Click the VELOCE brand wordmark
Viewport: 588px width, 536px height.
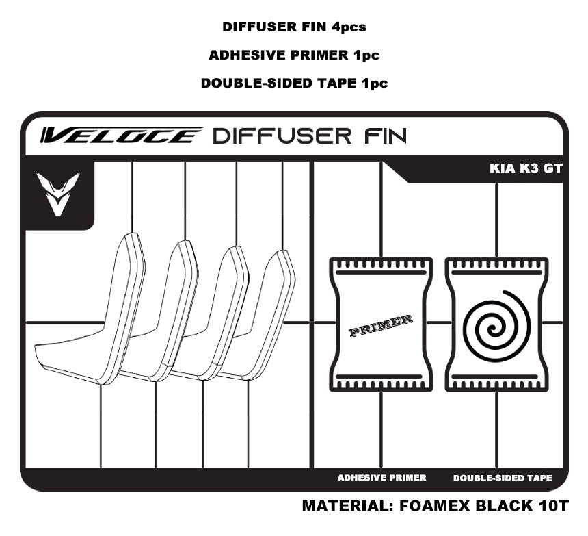120,135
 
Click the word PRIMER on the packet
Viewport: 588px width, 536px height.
381,326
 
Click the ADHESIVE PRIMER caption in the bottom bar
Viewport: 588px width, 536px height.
382,478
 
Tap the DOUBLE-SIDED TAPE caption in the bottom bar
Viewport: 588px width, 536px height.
503,478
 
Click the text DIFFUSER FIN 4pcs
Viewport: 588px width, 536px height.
294,27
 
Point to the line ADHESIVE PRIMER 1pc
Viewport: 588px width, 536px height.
294,55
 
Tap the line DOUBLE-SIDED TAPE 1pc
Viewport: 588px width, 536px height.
294,84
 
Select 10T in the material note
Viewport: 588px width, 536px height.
551,507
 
